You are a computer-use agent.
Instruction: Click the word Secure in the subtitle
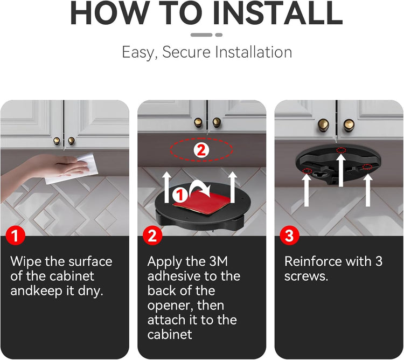186,52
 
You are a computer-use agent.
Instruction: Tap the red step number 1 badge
16,236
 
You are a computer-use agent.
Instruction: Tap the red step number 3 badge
289,236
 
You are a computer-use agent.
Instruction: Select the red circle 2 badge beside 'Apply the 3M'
152,236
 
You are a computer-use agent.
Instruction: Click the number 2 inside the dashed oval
201,150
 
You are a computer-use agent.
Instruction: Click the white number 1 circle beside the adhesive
180,195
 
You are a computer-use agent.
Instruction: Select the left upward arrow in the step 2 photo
166,188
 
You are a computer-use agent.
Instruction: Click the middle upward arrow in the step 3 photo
341,170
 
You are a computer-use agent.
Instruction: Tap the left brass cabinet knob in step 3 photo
323,125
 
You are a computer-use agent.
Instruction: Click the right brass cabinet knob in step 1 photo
71,141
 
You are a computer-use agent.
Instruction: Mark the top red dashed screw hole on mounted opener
341,150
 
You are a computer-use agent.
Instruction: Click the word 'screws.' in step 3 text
307,276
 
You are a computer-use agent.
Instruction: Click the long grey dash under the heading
201,35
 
